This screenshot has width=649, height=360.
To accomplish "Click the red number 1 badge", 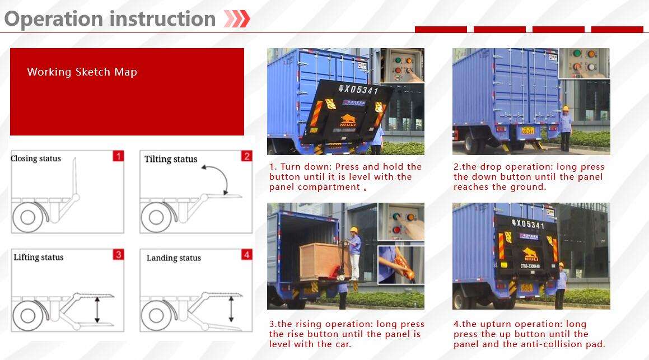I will point(118,156).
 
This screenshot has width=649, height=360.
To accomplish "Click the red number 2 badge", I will point(246,156).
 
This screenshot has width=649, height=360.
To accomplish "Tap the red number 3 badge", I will point(118,255).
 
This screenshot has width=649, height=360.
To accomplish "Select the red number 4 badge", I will point(246,255).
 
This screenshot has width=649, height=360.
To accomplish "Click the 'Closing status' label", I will point(36,158).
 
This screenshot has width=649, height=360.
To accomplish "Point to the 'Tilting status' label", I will point(171,159).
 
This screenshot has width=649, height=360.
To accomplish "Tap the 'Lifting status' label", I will point(39,258).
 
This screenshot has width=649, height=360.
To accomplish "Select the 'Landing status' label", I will point(174,258).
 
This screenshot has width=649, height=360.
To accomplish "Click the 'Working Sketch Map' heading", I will point(82,72).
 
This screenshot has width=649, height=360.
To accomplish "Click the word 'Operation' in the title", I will point(54,19).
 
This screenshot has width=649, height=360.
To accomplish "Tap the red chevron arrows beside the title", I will point(236,19).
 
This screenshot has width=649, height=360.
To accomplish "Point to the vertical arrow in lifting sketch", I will point(97,310).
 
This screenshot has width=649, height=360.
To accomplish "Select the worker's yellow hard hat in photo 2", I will point(566,109).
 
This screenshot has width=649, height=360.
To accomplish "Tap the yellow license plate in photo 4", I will point(526,288).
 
